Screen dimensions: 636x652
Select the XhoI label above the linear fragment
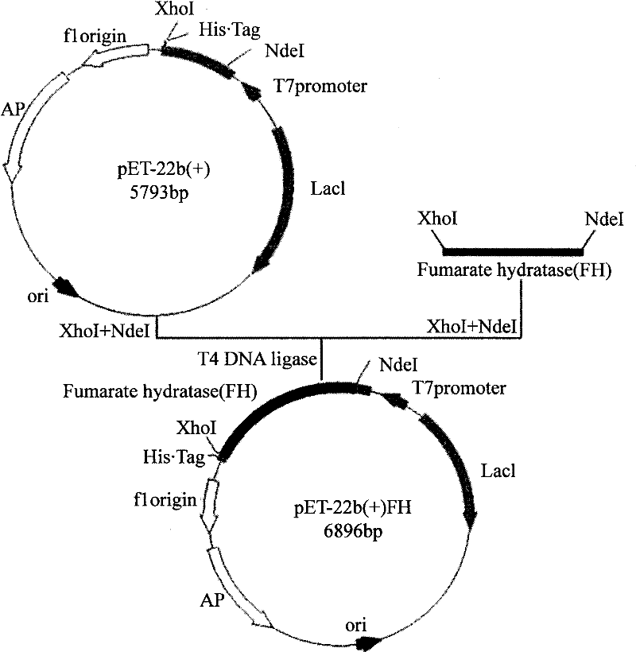pyautogui.click(x=436, y=216)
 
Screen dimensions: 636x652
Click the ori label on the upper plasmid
pyautogui.click(x=36, y=298)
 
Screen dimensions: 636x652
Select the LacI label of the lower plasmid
pyautogui.click(x=498, y=471)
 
